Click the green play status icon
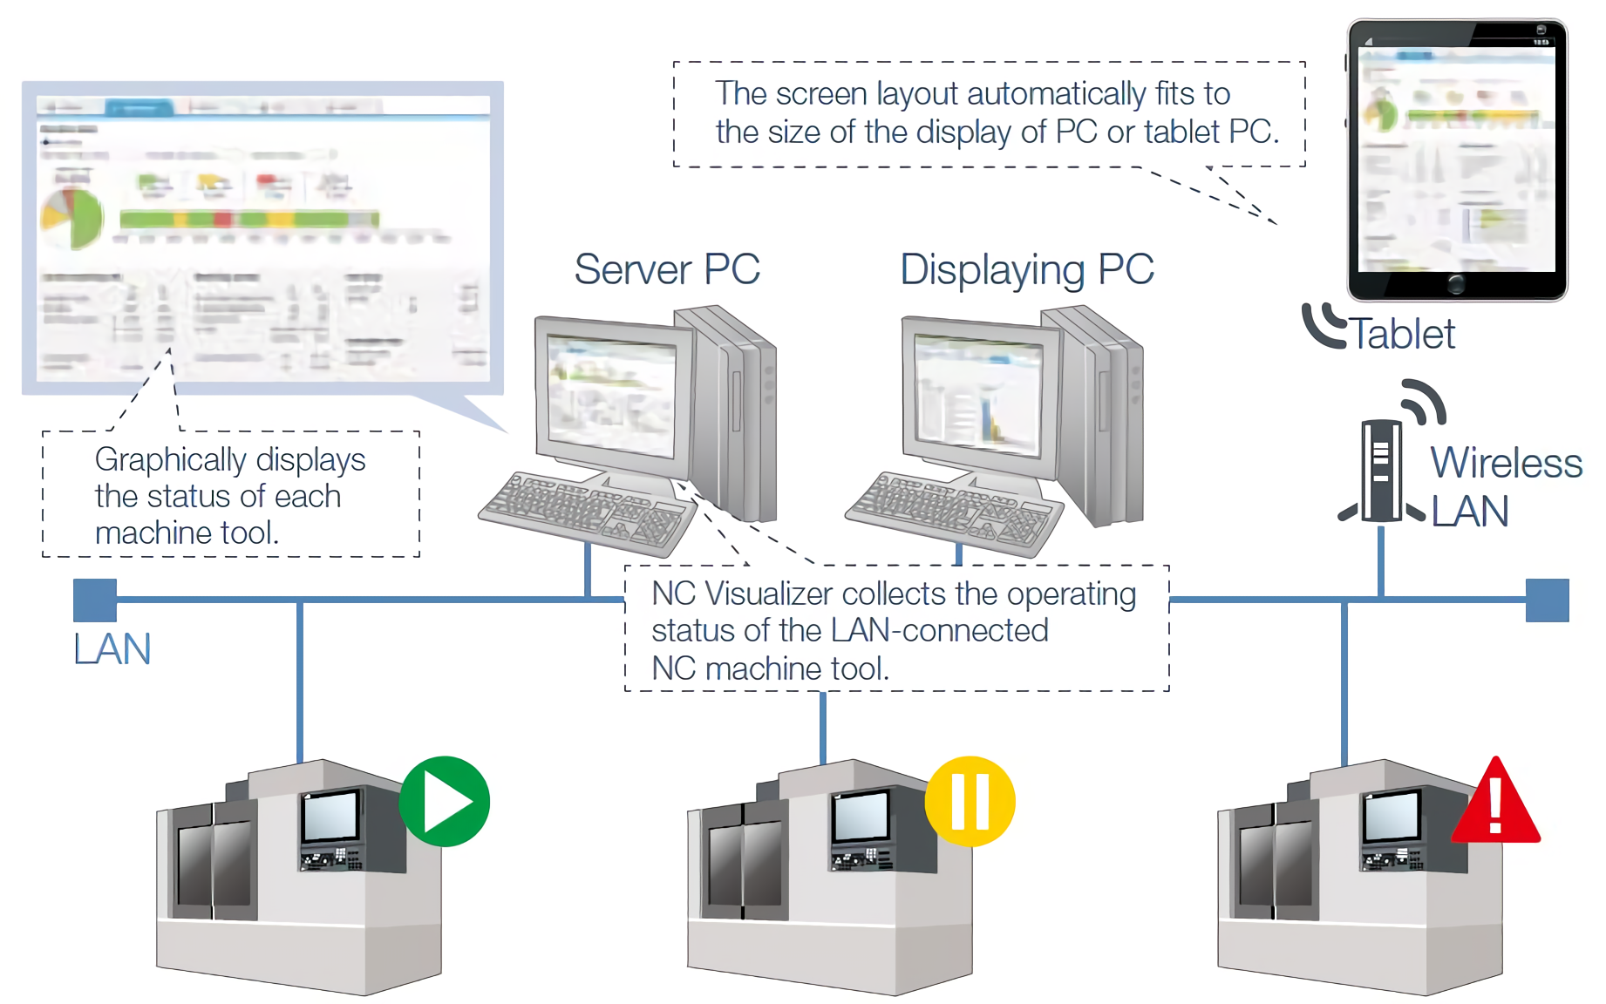(445, 801)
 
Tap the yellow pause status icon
(970, 801)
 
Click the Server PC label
(667, 269)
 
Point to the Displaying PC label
(1027, 269)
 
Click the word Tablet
(1403, 334)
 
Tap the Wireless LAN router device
(1381, 471)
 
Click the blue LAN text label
(112, 649)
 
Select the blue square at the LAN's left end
(95, 600)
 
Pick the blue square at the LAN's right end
(1547, 600)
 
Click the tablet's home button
(1455, 283)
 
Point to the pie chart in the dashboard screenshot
(73, 218)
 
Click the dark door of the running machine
(213, 863)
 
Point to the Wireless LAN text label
(1506, 486)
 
